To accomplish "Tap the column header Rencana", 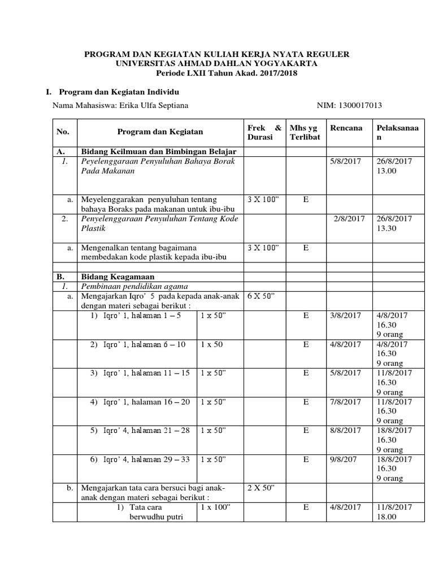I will (346, 128).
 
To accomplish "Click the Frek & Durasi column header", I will (264, 133).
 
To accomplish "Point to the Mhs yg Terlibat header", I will (305, 133).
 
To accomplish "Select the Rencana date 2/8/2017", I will (349, 218).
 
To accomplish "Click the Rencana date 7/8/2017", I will (345, 402).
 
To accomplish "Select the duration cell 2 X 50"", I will (262, 488).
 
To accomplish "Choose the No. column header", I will (63, 132).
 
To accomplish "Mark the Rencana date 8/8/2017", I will (345, 431).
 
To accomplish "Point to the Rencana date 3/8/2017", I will (345, 316).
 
